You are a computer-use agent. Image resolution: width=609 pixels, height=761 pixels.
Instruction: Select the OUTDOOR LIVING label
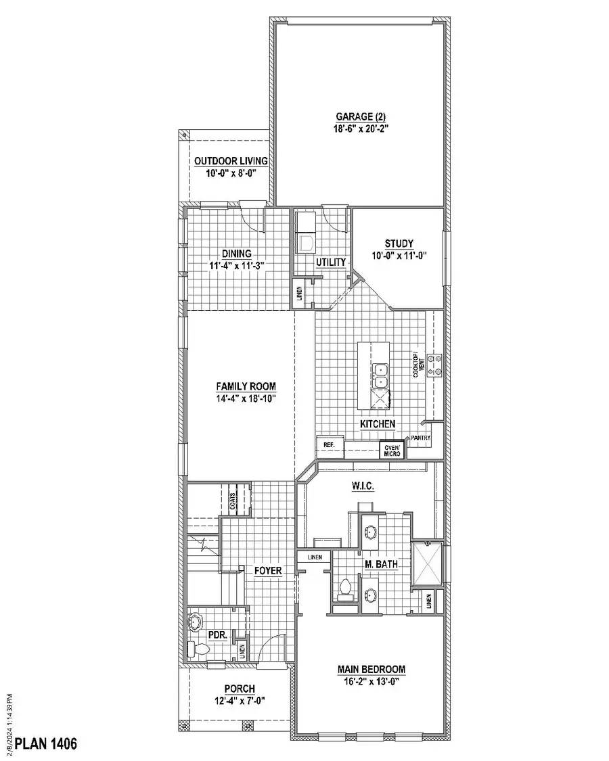pyautogui.click(x=231, y=161)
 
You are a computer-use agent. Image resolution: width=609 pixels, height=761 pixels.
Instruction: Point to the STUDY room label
pyautogui.click(x=399, y=244)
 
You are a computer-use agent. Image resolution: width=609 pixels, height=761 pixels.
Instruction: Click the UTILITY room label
pyautogui.click(x=331, y=262)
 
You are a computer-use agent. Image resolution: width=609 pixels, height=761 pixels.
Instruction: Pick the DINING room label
pyautogui.click(x=236, y=254)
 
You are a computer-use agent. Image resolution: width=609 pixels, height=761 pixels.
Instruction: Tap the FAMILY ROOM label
pyautogui.click(x=246, y=386)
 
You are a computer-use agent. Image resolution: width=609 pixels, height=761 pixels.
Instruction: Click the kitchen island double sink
pyautogui.click(x=380, y=375)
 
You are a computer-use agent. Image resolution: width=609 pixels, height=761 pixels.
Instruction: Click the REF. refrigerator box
pyautogui.click(x=330, y=445)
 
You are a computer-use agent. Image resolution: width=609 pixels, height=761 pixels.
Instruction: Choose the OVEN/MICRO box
pyautogui.click(x=392, y=450)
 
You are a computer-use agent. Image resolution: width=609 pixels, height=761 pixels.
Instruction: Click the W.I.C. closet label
pyautogui.click(x=363, y=486)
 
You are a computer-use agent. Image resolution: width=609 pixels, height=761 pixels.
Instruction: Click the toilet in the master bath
pyautogui.click(x=345, y=588)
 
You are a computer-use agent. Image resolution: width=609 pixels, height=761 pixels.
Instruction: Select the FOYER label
pyautogui.click(x=268, y=570)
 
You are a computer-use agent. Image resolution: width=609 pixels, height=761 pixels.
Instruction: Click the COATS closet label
pyautogui.click(x=231, y=501)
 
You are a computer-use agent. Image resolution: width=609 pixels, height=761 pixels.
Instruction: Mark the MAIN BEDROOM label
pyautogui.click(x=371, y=670)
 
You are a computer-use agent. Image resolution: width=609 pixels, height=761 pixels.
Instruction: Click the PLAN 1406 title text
pyautogui.click(x=46, y=744)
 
